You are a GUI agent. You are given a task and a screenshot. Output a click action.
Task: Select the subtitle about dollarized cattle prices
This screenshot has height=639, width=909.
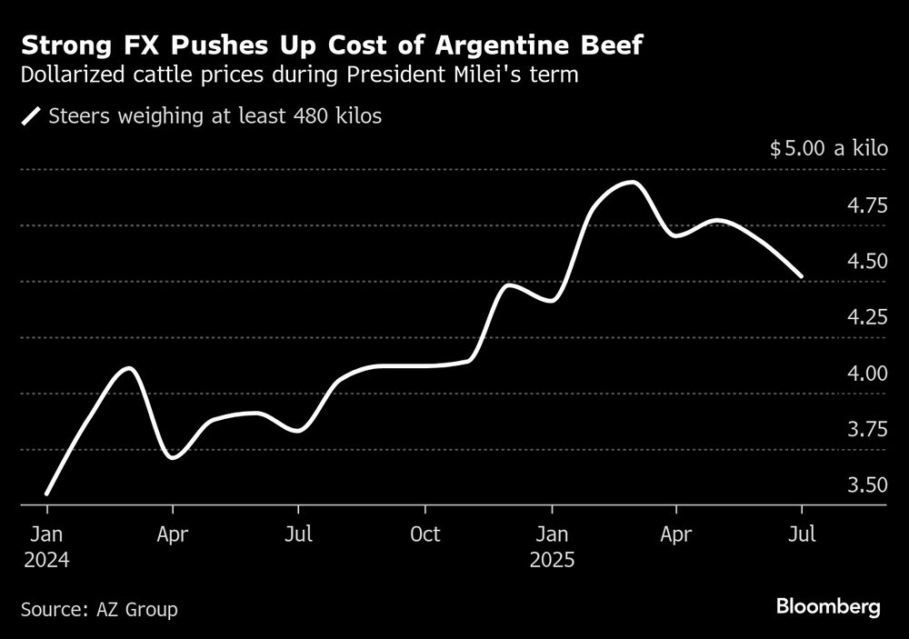299,75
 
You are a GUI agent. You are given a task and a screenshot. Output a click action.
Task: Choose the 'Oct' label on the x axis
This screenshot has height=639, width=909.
424,534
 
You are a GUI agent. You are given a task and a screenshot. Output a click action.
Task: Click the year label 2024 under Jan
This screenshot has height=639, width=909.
47,561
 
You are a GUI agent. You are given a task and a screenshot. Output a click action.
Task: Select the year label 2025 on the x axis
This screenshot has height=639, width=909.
551,561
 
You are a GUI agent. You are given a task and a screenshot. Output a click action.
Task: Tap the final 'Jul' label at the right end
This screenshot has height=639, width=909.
802,534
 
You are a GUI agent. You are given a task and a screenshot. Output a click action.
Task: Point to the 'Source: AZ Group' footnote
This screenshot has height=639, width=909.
99,609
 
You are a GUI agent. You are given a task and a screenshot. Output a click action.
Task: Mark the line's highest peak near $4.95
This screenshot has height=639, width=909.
631,183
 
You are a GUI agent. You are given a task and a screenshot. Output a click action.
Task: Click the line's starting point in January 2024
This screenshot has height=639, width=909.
46,494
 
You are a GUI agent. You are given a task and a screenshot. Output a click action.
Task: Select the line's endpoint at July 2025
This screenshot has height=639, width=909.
801,275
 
